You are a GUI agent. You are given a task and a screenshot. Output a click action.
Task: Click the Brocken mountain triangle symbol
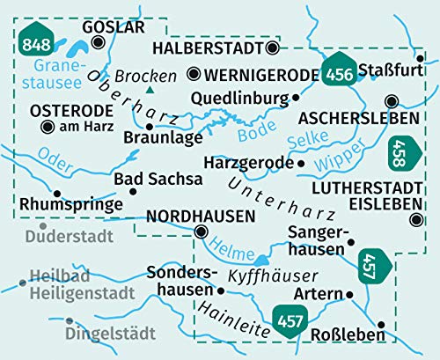[150, 90]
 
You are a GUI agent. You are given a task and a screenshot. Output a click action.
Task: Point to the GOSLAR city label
[112, 28]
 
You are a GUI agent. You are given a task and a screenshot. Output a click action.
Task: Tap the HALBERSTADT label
[208, 48]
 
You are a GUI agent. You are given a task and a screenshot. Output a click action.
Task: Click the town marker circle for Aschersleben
[391, 100]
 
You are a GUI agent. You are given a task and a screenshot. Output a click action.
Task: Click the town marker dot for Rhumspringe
[57, 193]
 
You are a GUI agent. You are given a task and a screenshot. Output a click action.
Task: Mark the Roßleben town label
[348, 334]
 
